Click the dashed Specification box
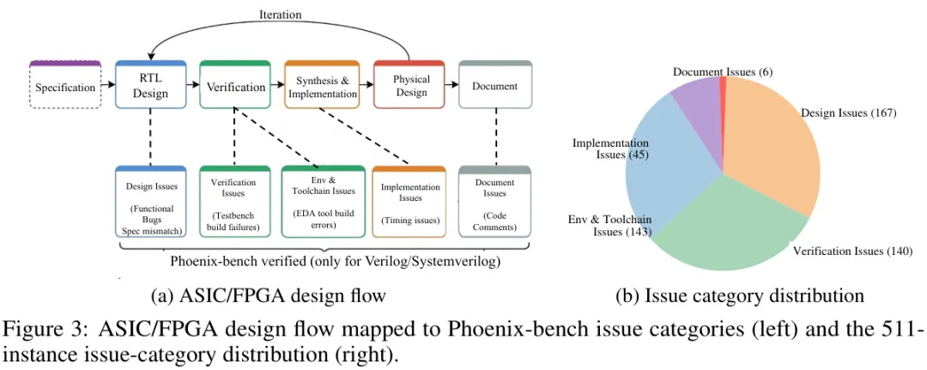click(65, 84)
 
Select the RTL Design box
click(150, 84)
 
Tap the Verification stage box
click(235, 84)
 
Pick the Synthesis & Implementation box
click(322, 84)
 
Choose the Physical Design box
click(409, 84)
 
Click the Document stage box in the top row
click(495, 84)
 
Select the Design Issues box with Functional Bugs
click(151, 202)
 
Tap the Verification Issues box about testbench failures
click(234, 202)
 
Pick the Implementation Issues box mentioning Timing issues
click(409, 202)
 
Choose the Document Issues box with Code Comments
click(495, 202)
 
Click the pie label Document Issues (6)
click(723, 71)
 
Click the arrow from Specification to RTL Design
click(108, 85)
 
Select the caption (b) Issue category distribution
click(740, 294)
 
